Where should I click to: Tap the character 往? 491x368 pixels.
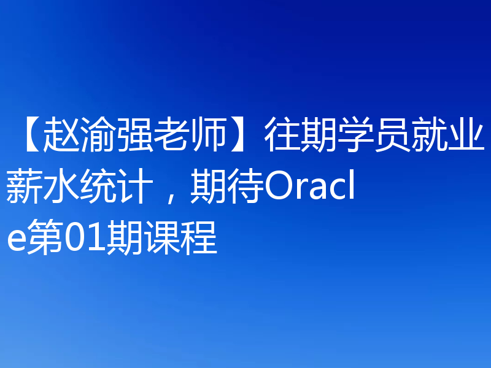point(282,137)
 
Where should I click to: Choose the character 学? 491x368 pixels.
point(354,137)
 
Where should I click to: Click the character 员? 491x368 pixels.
point(390,137)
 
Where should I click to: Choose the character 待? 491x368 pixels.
point(244,188)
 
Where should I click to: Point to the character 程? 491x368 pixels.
point(199,239)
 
